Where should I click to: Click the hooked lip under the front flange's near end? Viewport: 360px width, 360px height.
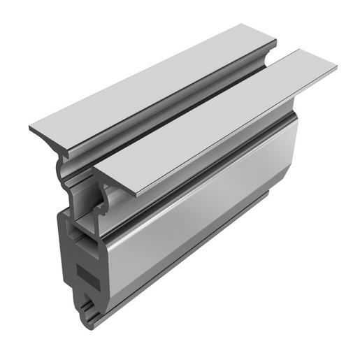tap(105, 203)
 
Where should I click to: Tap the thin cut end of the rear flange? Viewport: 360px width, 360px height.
tap(42, 133)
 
